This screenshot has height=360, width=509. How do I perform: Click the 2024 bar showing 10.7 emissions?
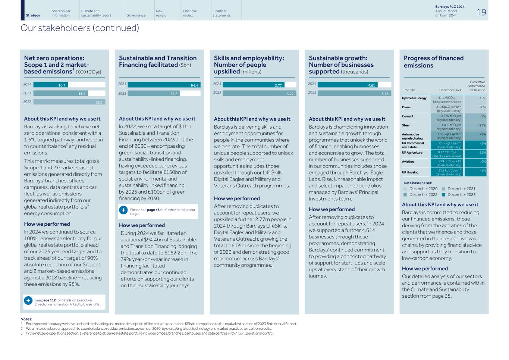pyautogui.click(x=51, y=85)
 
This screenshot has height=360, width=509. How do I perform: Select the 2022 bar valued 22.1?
pyautogui.click(x=69, y=102)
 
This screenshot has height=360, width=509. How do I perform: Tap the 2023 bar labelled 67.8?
pyautogui.click(x=154, y=94)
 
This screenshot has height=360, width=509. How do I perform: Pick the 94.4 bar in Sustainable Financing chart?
pyautogui.click(x=164, y=85)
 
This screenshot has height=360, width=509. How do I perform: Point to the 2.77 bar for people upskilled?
pyautogui.click(x=254, y=85)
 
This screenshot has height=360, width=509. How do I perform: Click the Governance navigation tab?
pyautogui.click(x=136, y=15)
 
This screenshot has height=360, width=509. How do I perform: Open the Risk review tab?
pyautogui.click(x=161, y=13)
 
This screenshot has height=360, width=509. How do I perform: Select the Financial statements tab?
pyautogui.click(x=221, y=13)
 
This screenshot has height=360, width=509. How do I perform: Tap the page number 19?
pyautogui.click(x=481, y=13)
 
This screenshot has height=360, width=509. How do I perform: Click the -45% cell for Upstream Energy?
pyautogui.click(x=476, y=98)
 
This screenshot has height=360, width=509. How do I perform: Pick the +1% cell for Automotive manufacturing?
pyautogui.click(x=476, y=135)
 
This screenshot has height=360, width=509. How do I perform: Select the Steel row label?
pyautogui.click(x=406, y=125)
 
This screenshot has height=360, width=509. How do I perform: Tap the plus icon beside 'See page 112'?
pyautogui.click(x=28, y=301)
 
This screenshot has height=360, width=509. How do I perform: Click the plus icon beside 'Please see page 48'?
pyautogui.click(x=123, y=210)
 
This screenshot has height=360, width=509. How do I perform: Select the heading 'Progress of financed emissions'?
pyautogui.click(x=433, y=62)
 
